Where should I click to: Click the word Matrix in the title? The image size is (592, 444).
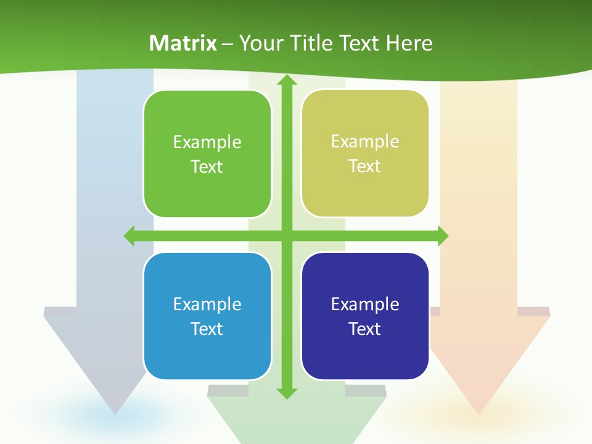pyautogui.click(x=183, y=43)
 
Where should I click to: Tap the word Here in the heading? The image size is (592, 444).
pyautogui.click(x=409, y=43)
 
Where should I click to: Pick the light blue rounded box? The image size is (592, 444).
pyautogui.click(x=207, y=358)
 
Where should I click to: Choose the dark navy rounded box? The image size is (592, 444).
pyautogui.click(x=365, y=358)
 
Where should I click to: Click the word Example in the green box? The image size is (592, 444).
pyautogui.click(x=207, y=142)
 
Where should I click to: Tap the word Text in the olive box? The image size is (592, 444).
pyautogui.click(x=365, y=166)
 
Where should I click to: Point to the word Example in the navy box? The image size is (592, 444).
pyautogui.click(x=365, y=304)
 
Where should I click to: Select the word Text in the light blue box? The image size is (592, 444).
pyautogui.click(x=207, y=329)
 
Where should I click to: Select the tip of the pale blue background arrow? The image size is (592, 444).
pyautogui.click(x=115, y=412)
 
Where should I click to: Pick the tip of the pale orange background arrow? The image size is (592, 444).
pyautogui.click(x=479, y=412)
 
